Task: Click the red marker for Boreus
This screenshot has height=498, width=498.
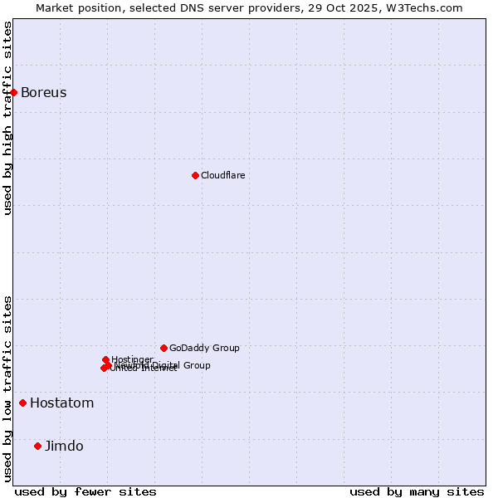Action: click(x=14, y=92)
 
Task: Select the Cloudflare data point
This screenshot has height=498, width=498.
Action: click(x=195, y=175)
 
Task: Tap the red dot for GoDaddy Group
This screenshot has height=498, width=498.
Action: click(x=164, y=348)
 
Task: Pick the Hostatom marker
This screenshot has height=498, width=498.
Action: click(x=23, y=403)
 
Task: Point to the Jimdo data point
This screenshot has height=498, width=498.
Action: click(x=37, y=446)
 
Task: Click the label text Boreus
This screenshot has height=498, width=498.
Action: click(x=44, y=92)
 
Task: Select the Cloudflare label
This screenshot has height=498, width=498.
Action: click(x=223, y=175)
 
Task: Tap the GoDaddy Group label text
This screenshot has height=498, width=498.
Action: click(x=204, y=348)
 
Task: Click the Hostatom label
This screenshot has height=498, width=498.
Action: click(x=62, y=403)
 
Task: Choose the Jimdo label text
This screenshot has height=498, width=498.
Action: click(x=64, y=446)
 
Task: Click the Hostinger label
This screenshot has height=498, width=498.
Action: click(x=133, y=359)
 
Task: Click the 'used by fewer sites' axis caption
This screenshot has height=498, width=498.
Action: click(x=85, y=491)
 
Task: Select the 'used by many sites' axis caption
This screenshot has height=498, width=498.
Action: click(x=417, y=491)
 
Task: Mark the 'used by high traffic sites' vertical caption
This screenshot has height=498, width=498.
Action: click(x=7, y=119)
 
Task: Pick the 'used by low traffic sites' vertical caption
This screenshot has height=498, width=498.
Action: click(x=7, y=388)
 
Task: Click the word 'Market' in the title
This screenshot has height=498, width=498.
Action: click(x=55, y=7)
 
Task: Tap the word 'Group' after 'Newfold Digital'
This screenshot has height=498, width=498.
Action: click(x=197, y=365)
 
